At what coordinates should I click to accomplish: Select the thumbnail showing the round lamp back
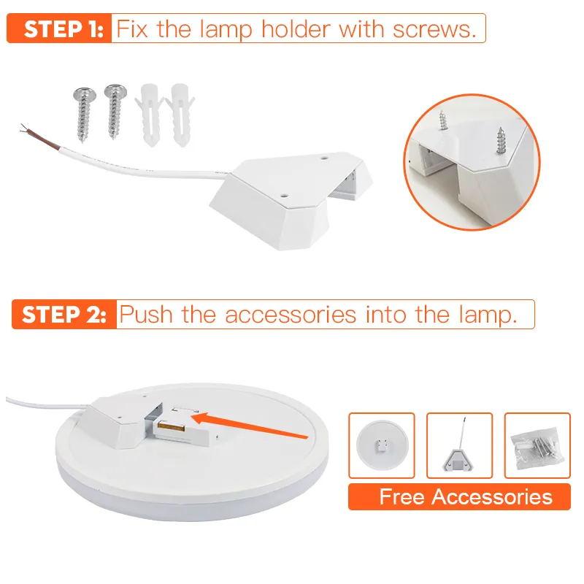[x=382, y=445]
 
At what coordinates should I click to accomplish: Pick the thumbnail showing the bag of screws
[x=537, y=445]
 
